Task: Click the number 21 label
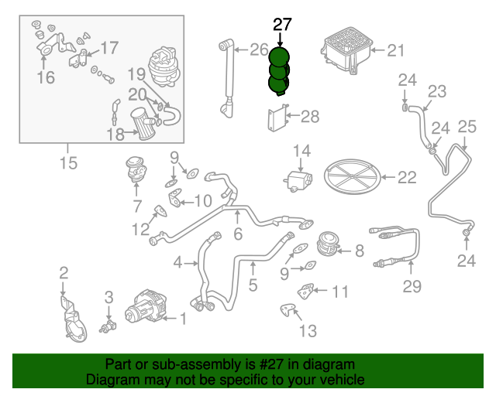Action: (x=396, y=51)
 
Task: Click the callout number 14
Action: (x=301, y=150)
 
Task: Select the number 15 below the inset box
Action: (x=68, y=162)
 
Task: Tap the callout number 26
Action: (x=258, y=51)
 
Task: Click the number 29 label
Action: (x=412, y=287)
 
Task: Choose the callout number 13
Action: (x=308, y=331)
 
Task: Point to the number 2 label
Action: (x=64, y=272)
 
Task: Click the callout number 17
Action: (x=109, y=49)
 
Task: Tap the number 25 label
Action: (x=467, y=127)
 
